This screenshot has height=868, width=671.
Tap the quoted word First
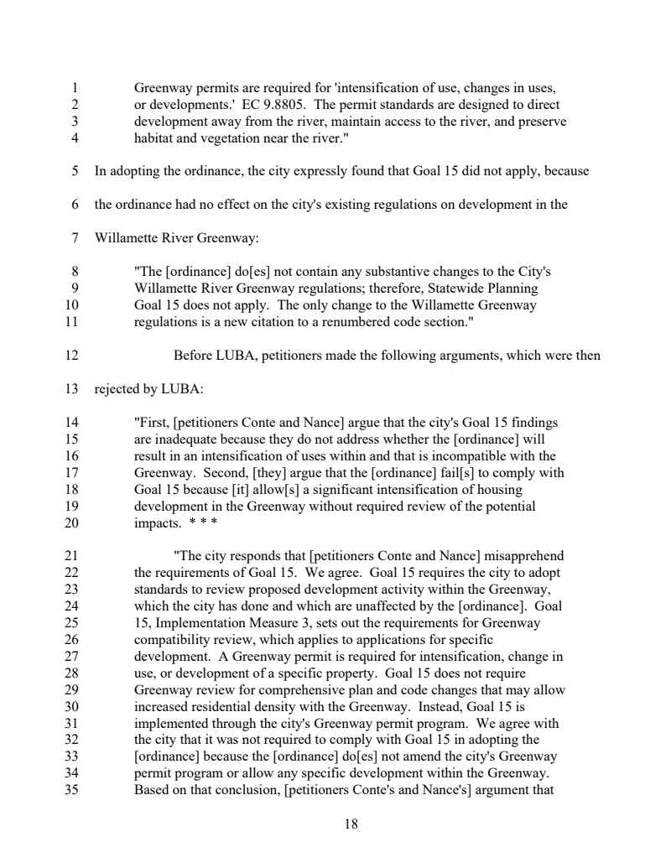152,422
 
